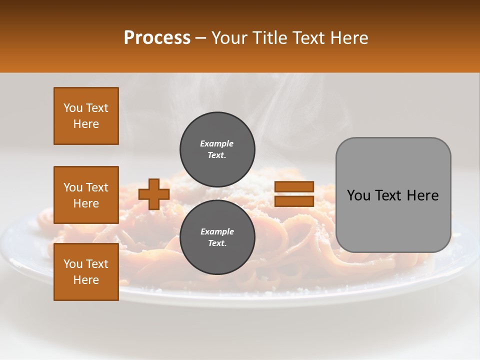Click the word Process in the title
click(x=157, y=38)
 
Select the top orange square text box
click(x=86, y=116)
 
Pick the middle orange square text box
click(x=86, y=195)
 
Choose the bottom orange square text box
click(x=86, y=272)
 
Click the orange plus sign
click(x=154, y=194)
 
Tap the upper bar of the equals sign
click(x=294, y=187)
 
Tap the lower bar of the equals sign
click(x=294, y=201)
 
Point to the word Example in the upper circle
click(x=217, y=143)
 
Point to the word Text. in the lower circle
click(x=217, y=243)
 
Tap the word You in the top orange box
click(x=73, y=108)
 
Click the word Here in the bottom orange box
click(x=86, y=280)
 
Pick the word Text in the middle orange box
click(x=97, y=187)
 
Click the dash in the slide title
click(x=200, y=38)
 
